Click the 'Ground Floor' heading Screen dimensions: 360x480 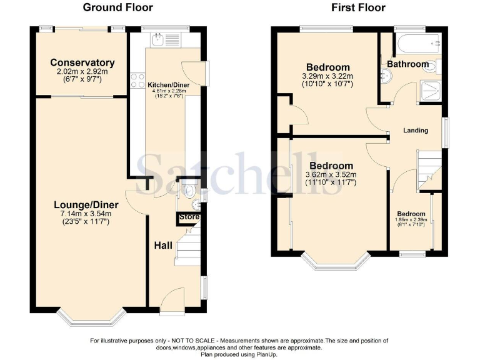point(117,7)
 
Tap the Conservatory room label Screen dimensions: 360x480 point(82,62)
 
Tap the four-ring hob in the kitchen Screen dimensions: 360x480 point(136,81)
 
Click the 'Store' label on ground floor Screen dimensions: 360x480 point(189,217)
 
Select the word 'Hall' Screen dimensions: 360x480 point(163,245)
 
